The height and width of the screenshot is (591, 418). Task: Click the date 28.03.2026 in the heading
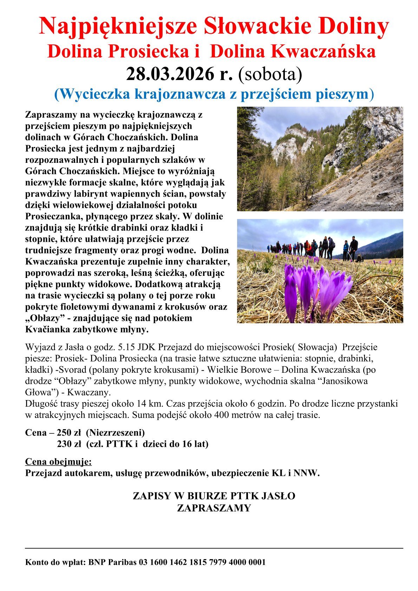[x=170, y=74]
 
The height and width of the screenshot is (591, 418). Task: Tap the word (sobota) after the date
[x=270, y=74]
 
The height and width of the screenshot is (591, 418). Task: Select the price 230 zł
[x=69, y=444]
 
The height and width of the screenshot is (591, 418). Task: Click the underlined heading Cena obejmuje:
[x=58, y=461]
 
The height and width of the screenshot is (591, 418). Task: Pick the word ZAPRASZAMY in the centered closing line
[x=214, y=508]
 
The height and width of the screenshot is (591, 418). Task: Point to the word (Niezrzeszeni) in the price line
[x=115, y=432]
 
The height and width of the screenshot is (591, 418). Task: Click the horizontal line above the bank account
[x=214, y=548]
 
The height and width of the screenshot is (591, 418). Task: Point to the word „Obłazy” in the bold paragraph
[x=47, y=318]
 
